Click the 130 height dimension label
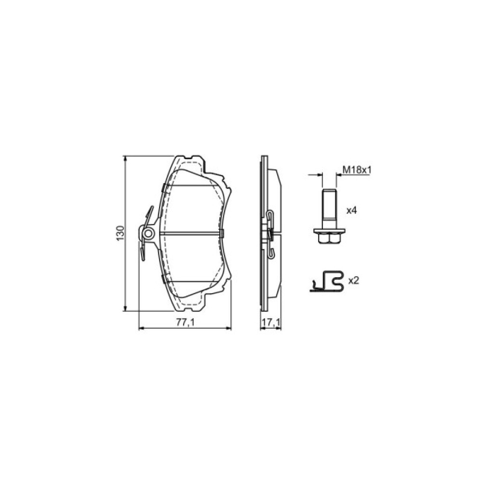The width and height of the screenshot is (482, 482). click(120, 233)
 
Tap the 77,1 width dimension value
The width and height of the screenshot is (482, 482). click(186, 322)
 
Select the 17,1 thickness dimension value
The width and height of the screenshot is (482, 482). click(271, 322)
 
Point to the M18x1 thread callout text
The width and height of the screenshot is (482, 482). click(357, 170)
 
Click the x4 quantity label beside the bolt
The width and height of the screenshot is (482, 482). click(351, 211)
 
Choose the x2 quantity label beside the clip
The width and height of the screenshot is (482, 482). click(353, 281)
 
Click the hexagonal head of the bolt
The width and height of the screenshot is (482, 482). click(329, 239)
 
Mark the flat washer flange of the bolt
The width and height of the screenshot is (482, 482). click(329, 231)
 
